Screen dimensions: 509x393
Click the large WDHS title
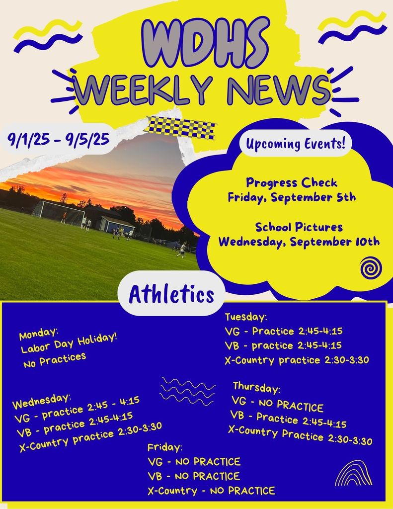pos(205,43)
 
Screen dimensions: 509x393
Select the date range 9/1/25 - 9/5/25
pos(59,139)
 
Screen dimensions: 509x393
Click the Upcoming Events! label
pos(295,144)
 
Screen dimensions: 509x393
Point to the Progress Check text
pos(292,182)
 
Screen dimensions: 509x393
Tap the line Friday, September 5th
pos(292,197)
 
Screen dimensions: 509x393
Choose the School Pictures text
pos(299,227)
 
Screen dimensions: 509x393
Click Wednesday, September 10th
pos(299,242)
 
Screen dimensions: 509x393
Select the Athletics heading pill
pos(171,294)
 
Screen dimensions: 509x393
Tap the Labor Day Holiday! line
pos(69,343)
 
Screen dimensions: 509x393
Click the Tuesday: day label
pos(246,317)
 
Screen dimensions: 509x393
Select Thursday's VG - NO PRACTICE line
pos(277,404)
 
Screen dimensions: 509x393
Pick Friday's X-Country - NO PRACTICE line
pos(211,491)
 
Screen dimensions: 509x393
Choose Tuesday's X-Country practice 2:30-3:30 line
pos(297,360)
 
